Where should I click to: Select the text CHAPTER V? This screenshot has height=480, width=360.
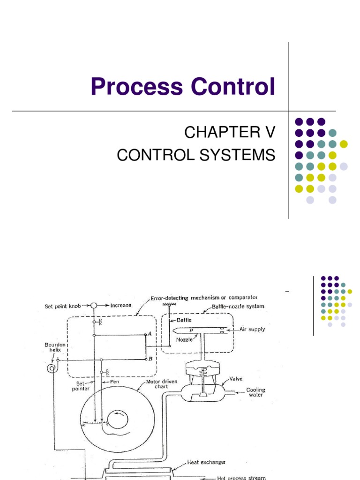tap(227, 133)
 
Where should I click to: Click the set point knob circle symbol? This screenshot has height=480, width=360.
tap(94, 305)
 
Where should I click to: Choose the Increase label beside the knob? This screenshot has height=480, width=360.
tap(120, 305)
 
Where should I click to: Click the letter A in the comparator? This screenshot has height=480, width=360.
tap(149, 334)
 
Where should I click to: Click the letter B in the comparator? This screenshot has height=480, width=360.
tap(150, 359)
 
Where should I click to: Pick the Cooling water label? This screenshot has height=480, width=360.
tap(256, 392)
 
